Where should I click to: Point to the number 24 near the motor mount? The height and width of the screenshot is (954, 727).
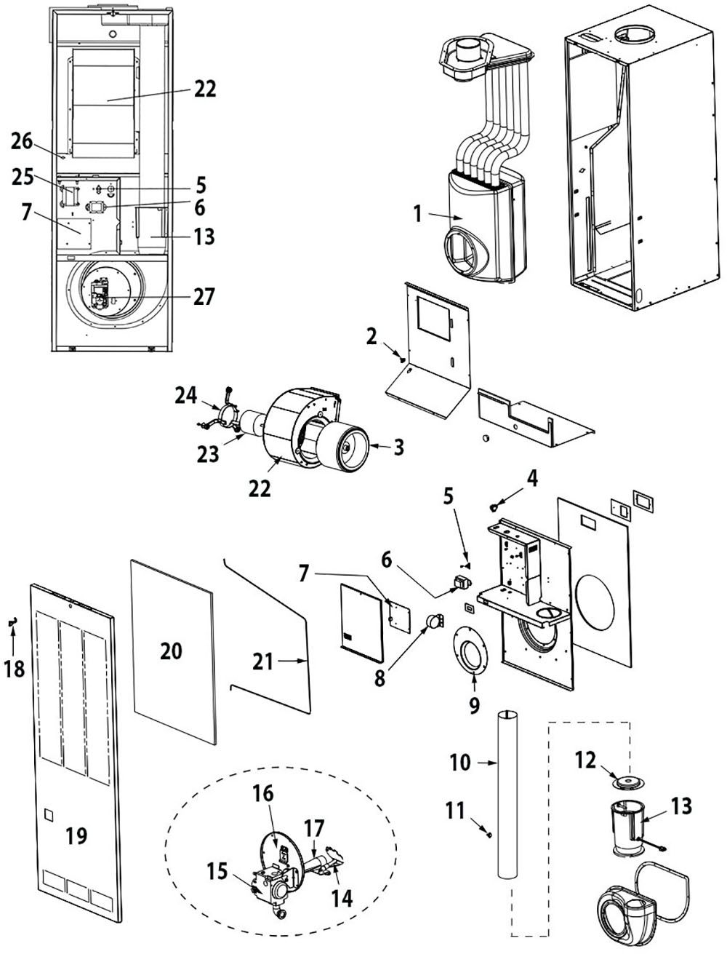[186, 396]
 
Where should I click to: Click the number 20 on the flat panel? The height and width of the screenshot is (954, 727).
[171, 651]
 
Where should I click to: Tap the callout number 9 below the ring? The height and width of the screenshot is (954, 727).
[473, 704]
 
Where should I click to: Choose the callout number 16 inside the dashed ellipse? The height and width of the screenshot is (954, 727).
[263, 793]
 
